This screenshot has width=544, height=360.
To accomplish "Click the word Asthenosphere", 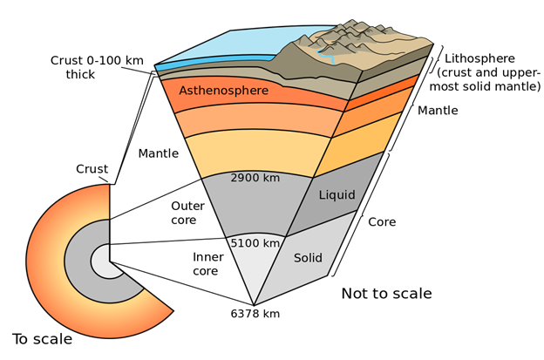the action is [224, 91].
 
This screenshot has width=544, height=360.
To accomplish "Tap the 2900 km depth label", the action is [255, 178].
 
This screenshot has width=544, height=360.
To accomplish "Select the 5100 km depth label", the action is [255, 243].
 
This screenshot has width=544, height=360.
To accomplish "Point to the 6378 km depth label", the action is [255, 314].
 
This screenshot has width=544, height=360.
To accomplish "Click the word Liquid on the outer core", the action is [337, 195].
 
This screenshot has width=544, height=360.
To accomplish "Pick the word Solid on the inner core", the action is [308, 258].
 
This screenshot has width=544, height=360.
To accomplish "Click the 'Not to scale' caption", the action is [386, 294].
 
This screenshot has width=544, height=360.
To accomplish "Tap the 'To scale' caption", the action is [43, 339].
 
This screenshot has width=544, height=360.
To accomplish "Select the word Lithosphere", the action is [479, 58].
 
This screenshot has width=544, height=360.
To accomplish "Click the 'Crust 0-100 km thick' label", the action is [97, 67].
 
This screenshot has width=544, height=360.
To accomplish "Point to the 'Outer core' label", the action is [187, 213].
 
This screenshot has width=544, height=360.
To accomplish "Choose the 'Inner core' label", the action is [208, 264].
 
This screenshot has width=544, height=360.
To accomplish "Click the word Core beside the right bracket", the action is [382, 222].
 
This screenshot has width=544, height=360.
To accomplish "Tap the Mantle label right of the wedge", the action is [438, 111].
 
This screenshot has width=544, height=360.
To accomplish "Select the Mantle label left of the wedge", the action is [159, 153].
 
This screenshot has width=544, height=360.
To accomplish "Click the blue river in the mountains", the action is [327, 56].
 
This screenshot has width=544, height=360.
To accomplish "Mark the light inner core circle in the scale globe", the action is [104, 262].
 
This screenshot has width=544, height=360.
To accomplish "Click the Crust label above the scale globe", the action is [92, 169].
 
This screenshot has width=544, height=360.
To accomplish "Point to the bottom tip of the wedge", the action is [254, 306].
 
